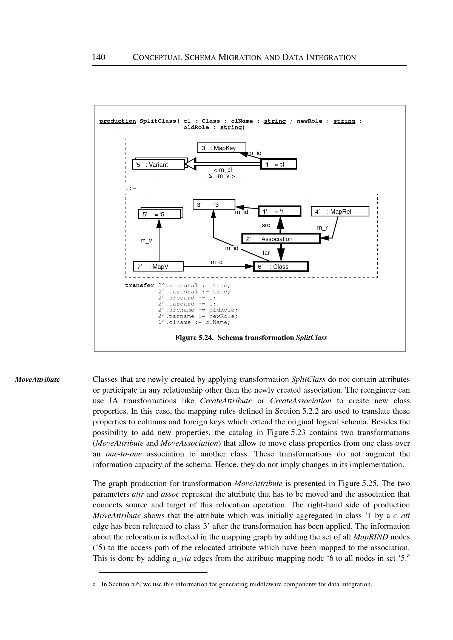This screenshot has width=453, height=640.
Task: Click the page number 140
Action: (x=99, y=57)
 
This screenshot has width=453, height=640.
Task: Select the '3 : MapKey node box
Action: (x=221, y=148)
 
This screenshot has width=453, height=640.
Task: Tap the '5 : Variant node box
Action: (x=158, y=165)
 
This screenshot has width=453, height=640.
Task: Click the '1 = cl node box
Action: (x=279, y=164)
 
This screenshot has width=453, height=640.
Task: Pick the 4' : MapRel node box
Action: (x=340, y=212)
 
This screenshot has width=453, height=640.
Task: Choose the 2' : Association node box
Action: (x=281, y=239)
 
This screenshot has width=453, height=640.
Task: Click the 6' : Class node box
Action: (x=281, y=267)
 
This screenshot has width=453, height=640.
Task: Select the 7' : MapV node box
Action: (x=158, y=267)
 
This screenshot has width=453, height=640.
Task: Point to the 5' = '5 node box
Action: (x=159, y=214)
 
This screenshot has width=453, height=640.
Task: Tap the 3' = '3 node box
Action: (x=214, y=205)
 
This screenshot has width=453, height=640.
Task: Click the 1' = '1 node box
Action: (x=280, y=212)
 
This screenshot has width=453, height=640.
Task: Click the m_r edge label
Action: (x=322, y=228)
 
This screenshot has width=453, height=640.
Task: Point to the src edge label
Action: (x=266, y=225)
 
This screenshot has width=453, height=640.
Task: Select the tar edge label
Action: (x=266, y=253)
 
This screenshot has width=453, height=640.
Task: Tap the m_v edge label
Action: (x=146, y=240)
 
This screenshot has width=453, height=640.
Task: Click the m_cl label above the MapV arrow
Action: (x=217, y=262)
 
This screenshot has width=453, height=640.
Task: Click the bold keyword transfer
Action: (x=139, y=285)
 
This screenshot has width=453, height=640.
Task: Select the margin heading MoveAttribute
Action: (x=37, y=379)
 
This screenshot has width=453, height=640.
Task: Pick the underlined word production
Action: (x=118, y=121)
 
